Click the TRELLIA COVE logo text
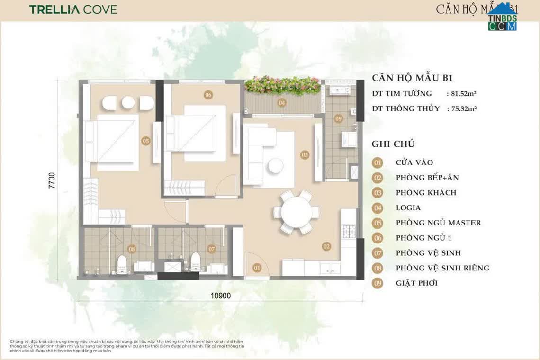pyautogui.click(x=73, y=9)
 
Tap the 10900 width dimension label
pyautogui.click(x=220, y=296)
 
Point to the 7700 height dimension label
pyautogui.click(x=52, y=180)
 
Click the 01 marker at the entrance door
pyautogui.click(x=257, y=268)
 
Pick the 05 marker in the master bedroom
pyautogui.click(x=145, y=141)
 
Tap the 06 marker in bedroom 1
pyautogui.click(x=208, y=95)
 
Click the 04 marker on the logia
pyautogui.click(x=282, y=102)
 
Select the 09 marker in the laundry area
pyautogui.click(x=338, y=118)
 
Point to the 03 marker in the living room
pyautogui.click(x=305, y=155)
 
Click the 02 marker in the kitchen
pyautogui.click(x=326, y=246)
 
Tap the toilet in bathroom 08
pyautogui.click(x=122, y=264)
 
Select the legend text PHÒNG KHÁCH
pyautogui.click(x=426, y=193)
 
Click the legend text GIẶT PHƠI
pyautogui.click(x=416, y=283)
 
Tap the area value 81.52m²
pyautogui.click(x=461, y=94)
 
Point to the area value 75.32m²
pyautogui.click(x=461, y=108)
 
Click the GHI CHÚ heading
pyautogui.click(x=393, y=144)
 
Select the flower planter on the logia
pyautogui.click(x=282, y=86)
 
